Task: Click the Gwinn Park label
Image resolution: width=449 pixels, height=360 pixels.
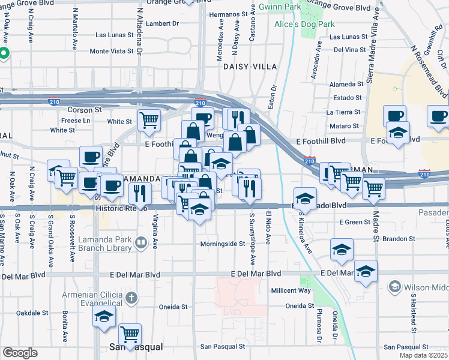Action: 280,7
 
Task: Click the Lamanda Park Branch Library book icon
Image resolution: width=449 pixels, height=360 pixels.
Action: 140,242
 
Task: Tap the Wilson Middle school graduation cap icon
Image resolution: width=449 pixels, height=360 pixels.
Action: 394,287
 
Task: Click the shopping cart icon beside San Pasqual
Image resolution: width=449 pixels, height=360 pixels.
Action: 130,334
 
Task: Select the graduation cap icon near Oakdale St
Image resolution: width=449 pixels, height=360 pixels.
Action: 104,316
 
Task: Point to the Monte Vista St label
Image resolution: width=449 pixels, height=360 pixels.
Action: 111,51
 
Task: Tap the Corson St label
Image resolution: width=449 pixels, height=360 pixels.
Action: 84,110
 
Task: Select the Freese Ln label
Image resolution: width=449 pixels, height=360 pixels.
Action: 76,120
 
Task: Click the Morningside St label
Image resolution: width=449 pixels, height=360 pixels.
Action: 222,244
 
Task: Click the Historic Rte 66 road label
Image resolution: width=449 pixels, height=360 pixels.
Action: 121,208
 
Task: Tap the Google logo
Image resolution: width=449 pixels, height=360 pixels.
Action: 20,352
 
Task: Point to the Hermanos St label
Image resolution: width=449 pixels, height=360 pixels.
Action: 228,14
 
